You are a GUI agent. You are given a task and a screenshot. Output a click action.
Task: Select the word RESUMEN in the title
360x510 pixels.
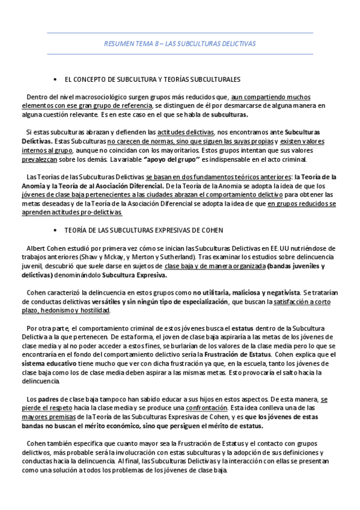point(118,44)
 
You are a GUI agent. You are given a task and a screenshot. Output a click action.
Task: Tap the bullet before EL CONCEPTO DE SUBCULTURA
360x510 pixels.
point(55,79)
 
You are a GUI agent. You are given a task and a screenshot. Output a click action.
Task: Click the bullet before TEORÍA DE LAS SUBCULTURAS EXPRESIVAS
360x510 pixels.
point(55,230)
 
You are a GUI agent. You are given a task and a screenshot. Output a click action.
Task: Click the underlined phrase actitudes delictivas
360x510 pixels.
point(185,131)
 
